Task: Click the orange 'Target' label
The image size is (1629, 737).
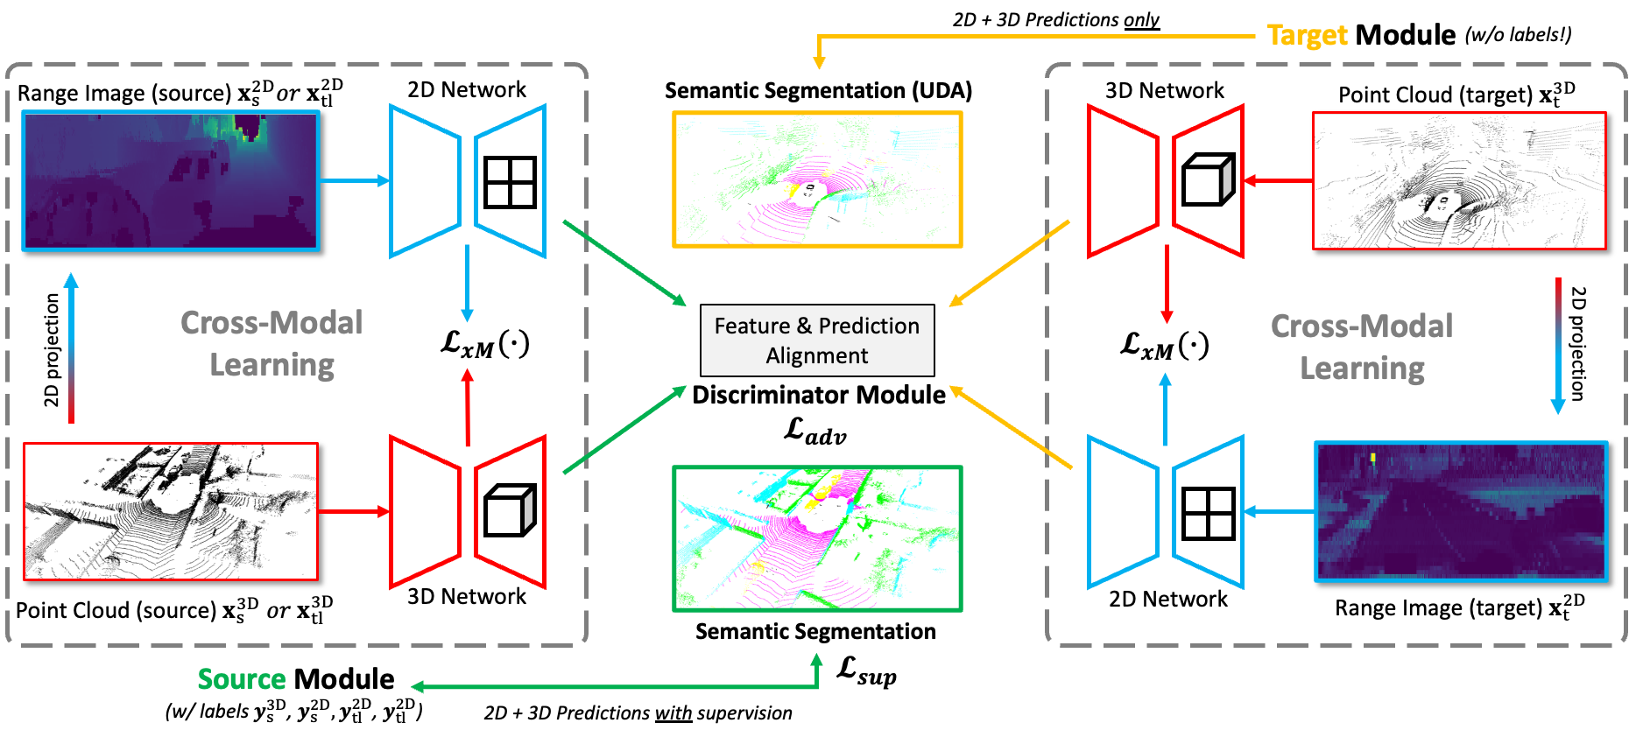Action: (x=1307, y=35)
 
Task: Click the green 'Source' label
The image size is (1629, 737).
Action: (x=242, y=679)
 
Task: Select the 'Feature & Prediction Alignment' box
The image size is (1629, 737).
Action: (x=817, y=340)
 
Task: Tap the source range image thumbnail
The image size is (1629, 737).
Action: (x=170, y=181)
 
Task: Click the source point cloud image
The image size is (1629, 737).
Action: (x=170, y=511)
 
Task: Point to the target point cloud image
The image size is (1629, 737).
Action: (x=1459, y=180)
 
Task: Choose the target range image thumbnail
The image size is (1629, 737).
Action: (x=1461, y=511)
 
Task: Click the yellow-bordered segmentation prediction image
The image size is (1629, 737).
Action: (x=817, y=179)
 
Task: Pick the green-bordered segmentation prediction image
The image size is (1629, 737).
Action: (x=817, y=538)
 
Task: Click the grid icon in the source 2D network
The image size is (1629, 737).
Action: (x=510, y=182)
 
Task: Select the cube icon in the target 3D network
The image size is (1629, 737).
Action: (x=1208, y=180)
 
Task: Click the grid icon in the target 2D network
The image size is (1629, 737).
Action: (x=1208, y=513)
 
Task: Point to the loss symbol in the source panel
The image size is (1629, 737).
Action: (x=484, y=343)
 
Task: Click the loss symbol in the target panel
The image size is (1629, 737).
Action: (x=1164, y=345)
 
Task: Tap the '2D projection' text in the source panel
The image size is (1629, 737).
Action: (x=52, y=350)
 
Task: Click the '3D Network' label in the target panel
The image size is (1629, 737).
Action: (x=1164, y=90)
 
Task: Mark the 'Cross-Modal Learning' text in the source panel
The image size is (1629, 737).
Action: (x=271, y=343)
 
